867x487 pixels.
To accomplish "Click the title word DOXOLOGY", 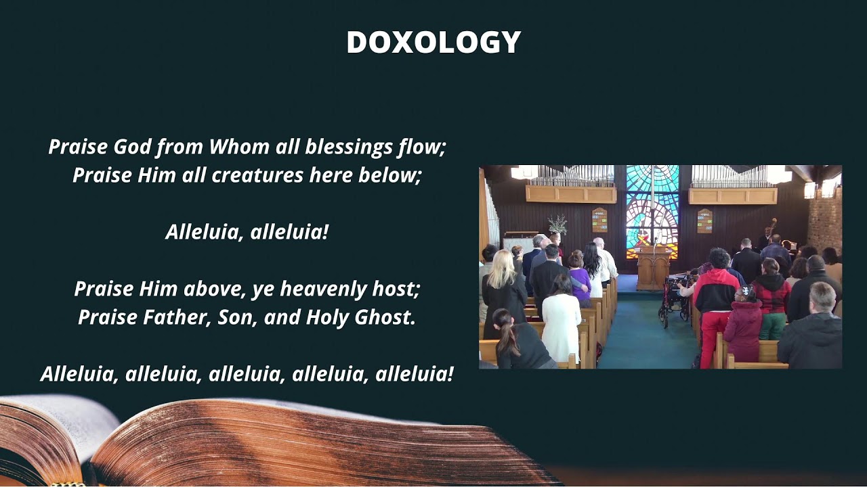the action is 433,42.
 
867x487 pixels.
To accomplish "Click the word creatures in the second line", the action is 257,175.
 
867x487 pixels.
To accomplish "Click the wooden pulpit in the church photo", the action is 654,269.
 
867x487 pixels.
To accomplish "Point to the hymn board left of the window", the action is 599,221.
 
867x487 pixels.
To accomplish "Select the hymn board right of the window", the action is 705,221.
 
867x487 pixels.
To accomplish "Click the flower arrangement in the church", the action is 557,224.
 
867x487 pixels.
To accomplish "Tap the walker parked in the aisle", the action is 673,300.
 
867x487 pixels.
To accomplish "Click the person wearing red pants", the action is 715,308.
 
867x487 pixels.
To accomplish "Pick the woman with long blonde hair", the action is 502,294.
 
